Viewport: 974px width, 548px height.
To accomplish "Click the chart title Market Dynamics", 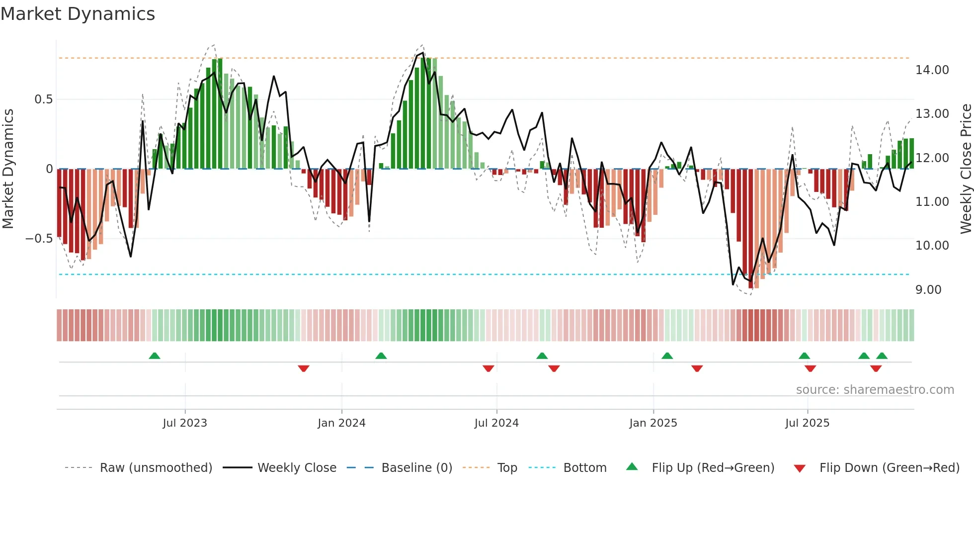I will coord(78,14).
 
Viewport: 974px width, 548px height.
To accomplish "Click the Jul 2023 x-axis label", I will coord(185,423).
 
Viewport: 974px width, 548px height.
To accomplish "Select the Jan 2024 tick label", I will coord(341,423).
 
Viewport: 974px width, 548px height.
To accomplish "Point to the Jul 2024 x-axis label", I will coord(496,423).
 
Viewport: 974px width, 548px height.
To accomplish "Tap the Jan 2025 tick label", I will coord(653,423).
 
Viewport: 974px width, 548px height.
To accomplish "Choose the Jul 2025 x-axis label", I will coord(808,423).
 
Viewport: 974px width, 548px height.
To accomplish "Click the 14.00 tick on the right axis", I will coord(932,70).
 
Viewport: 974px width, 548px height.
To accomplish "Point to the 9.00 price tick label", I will coord(928,290).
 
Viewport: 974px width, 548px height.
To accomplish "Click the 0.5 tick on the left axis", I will coord(43,99).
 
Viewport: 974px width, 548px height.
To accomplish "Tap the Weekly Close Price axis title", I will coord(966,169).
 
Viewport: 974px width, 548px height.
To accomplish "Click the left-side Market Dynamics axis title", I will coord(8,169).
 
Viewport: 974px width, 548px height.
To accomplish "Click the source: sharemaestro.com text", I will coord(875,390).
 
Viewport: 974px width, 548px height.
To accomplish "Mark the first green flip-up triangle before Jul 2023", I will coord(155,356).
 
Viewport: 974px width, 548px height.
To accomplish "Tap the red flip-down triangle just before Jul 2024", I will coord(488,368).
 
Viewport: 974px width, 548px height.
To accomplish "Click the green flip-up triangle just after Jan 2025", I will coord(667,356).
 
